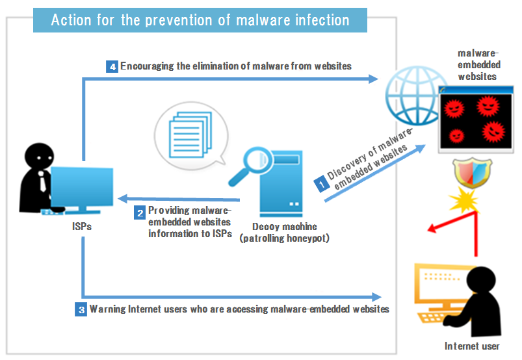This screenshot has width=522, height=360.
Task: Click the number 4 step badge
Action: pos(112,66)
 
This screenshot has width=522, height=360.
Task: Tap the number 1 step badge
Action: pos(322,184)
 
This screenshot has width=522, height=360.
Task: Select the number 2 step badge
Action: pos(140,212)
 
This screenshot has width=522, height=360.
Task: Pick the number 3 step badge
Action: pos(81,310)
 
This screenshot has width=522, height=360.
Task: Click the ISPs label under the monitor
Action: pos(82,227)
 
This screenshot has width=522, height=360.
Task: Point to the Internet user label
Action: pos(472,346)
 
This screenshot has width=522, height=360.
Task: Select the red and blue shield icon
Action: pos(472,172)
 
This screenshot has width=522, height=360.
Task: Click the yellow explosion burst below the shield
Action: pos(464,200)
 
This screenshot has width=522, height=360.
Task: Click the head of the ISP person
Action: pos(39,157)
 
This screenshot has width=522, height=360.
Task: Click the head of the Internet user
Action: pos(481,281)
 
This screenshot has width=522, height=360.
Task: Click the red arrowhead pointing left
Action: pos(432,228)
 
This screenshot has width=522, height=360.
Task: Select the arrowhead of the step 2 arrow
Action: pos(123,199)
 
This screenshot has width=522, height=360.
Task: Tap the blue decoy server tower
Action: pos(281,184)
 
